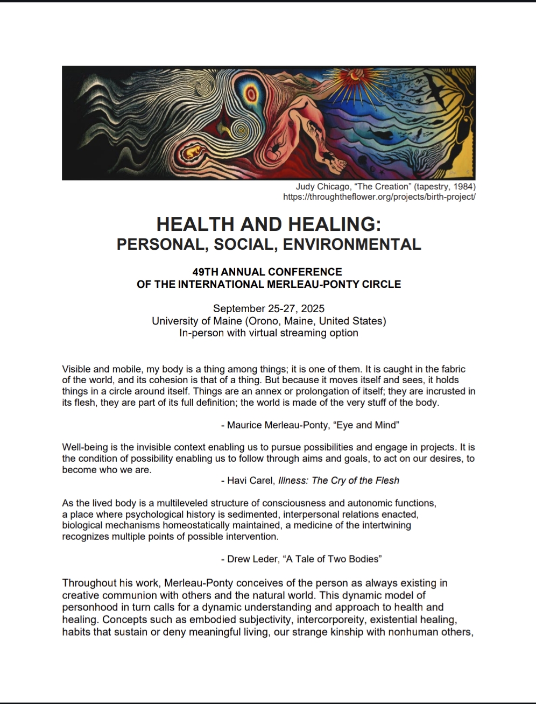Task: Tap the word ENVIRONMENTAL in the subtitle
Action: tap(352, 244)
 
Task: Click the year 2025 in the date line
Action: tap(313, 308)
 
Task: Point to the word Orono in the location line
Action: tap(263, 321)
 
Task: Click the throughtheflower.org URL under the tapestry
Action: tap(379, 196)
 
